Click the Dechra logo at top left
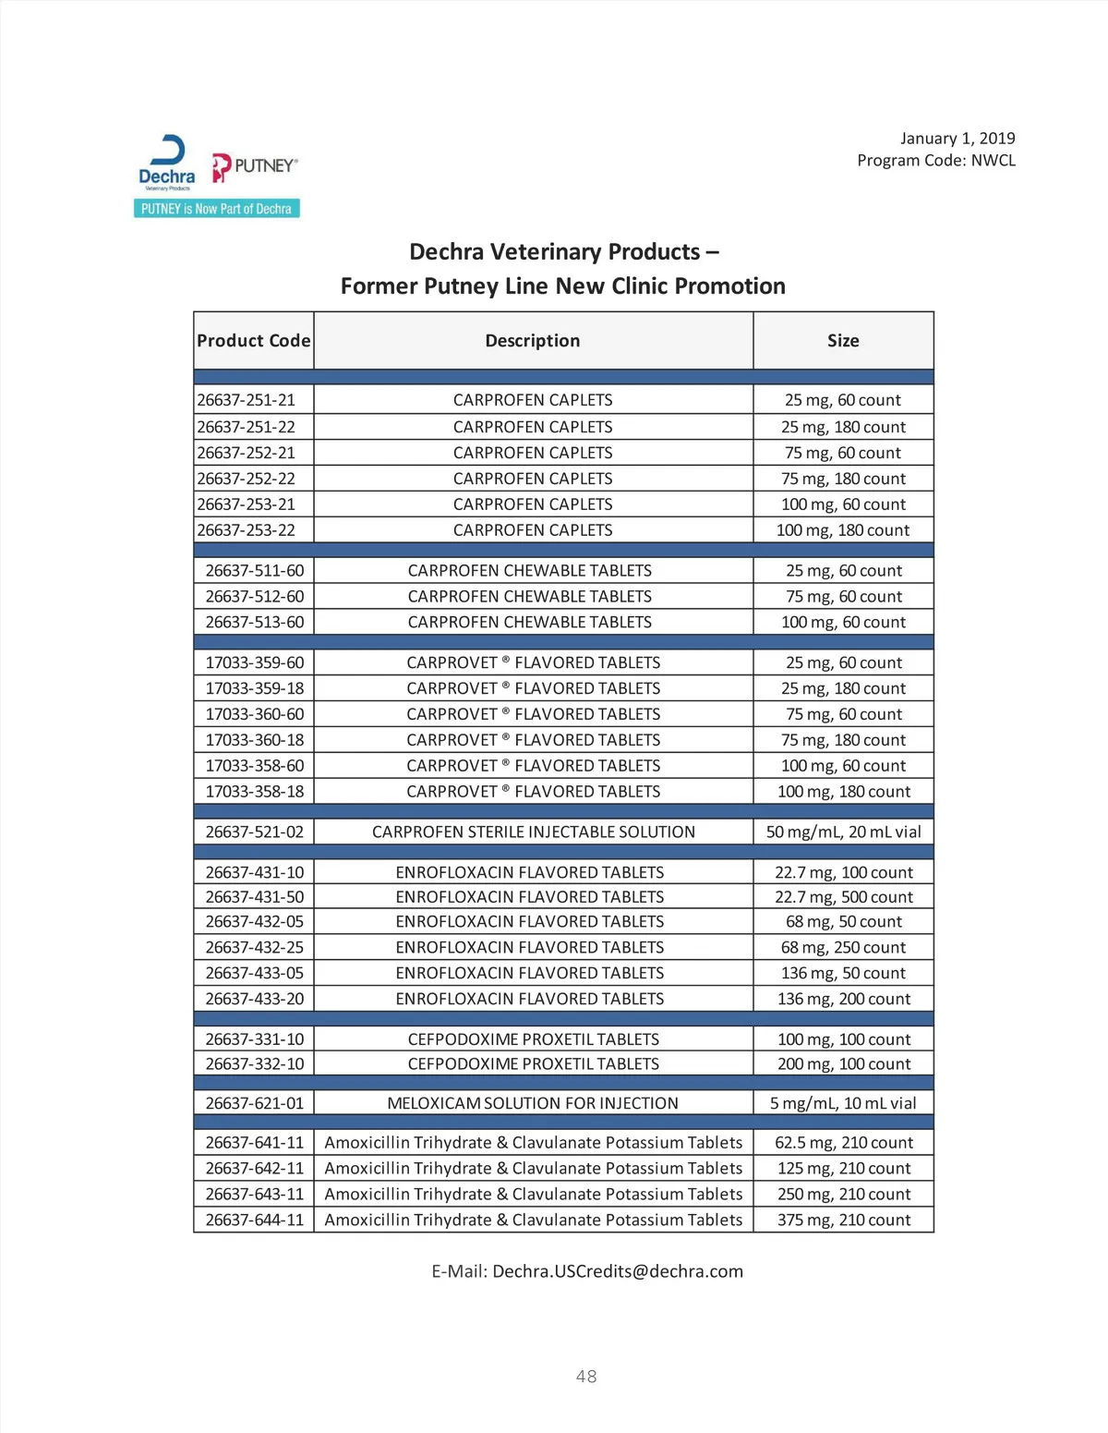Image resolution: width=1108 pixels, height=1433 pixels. click(167, 162)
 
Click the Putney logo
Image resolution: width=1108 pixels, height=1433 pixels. click(255, 167)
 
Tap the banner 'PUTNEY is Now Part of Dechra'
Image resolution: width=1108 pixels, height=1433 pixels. click(216, 209)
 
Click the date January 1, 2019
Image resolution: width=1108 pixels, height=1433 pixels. click(957, 139)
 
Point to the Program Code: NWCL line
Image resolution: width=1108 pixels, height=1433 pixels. click(935, 161)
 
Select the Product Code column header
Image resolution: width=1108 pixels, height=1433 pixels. click(254, 341)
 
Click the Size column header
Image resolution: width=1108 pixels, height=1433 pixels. click(843, 341)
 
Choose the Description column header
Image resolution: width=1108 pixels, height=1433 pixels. click(533, 341)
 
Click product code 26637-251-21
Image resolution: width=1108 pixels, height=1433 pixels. click(247, 400)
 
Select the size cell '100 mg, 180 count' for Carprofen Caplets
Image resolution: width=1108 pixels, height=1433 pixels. click(843, 530)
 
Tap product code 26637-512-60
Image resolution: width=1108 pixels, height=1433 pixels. click(255, 597)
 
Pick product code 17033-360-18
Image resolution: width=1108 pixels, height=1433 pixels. click(255, 740)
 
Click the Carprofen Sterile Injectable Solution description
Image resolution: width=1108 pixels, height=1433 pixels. click(534, 832)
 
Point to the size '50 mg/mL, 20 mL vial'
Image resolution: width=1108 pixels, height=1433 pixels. click(843, 832)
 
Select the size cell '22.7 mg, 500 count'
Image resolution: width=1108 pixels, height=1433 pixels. click(843, 897)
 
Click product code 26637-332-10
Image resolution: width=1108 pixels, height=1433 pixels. click(255, 1064)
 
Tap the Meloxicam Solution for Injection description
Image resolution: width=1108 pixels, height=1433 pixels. click(533, 1103)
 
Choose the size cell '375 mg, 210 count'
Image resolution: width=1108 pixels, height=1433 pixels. click(843, 1220)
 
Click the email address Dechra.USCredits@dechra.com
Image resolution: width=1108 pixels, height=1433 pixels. click(617, 1271)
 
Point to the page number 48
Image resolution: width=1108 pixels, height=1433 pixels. click(586, 1377)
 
